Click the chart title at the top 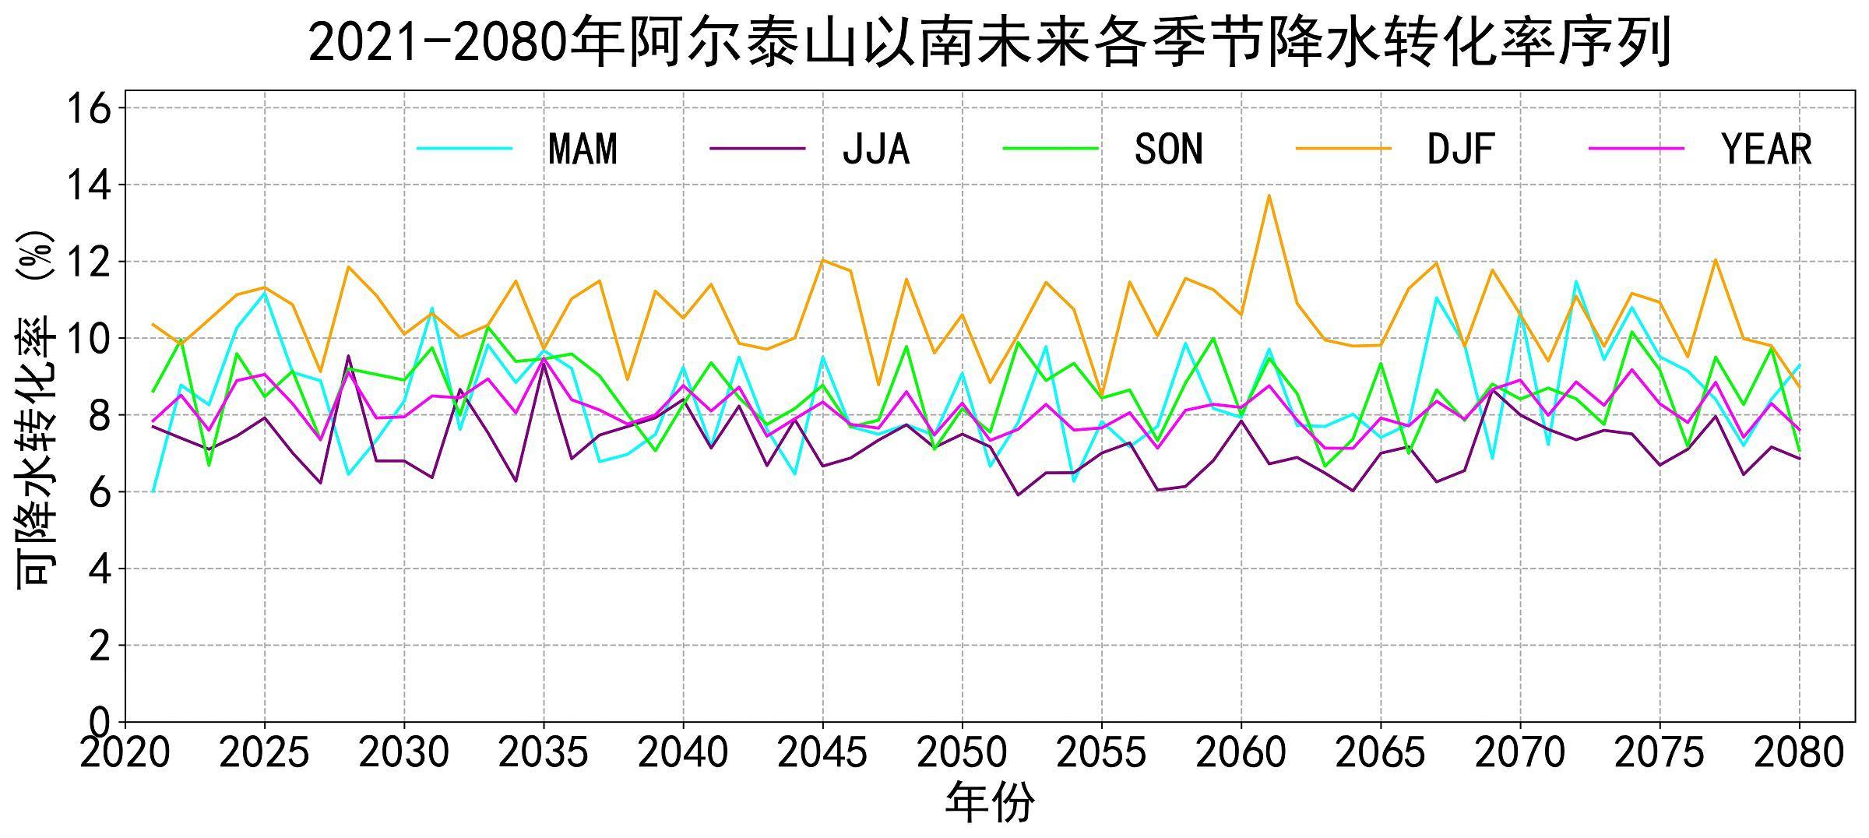(x=990, y=43)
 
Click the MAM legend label (x=583, y=149)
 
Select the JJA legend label (x=876, y=149)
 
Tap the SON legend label (x=1168, y=149)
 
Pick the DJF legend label (x=1461, y=149)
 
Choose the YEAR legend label (x=1767, y=149)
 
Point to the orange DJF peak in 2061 (x=1269, y=195)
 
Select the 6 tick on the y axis (x=100, y=492)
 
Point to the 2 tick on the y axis (x=100, y=646)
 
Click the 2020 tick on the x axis (x=125, y=752)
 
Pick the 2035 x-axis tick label (x=543, y=752)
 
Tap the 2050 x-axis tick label (x=962, y=752)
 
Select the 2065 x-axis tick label (x=1380, y=752)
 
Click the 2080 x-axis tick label (x=1799, y=752)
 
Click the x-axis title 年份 (x=990, y=803)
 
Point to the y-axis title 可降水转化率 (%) (x=35, y=410)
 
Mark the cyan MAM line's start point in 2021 (x=153, y=491)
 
